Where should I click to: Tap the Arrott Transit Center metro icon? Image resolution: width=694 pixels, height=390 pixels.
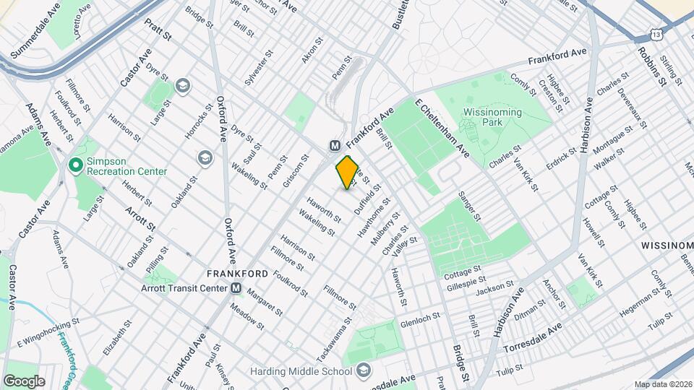click(x=236, y=289)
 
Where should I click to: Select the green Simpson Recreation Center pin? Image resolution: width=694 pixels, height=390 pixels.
click(x=75, y=165)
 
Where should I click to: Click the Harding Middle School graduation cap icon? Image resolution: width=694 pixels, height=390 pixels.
click(x=364, y=371)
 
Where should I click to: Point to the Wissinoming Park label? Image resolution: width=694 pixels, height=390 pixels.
click(x=499, y=118)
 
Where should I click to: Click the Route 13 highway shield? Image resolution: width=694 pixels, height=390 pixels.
click(x=655, y=34)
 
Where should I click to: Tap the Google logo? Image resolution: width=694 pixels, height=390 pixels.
click(x=24, y=381)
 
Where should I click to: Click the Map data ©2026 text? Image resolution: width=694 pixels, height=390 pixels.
click(x=663, y=384)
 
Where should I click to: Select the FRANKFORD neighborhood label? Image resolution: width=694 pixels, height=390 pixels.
click(x=237, y=274)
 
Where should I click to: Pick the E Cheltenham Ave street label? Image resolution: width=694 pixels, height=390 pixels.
click(x=442, y=129)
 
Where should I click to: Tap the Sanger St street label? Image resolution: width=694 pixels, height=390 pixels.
click(x=469, y=207)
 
